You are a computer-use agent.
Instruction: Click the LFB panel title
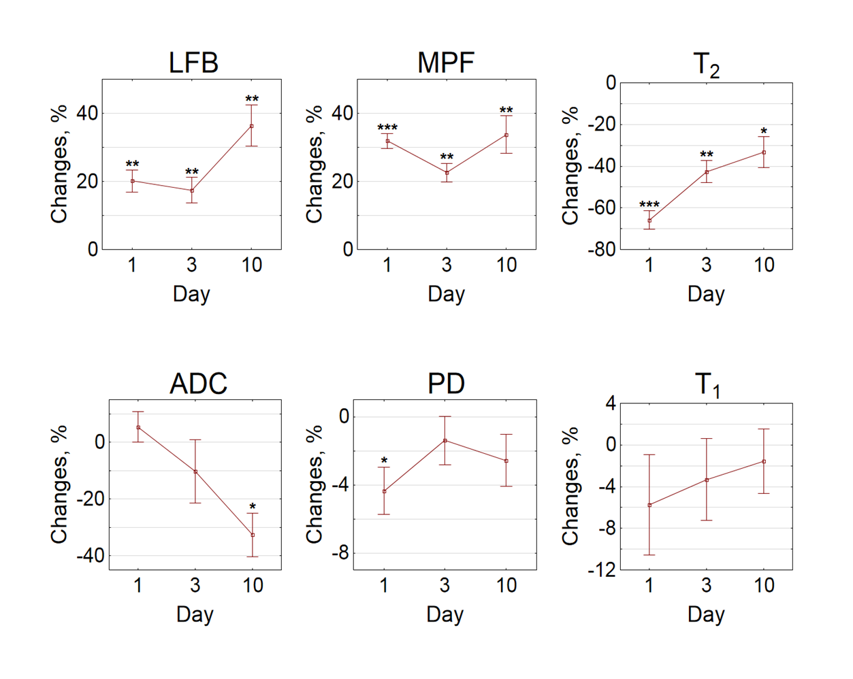click(x=193, y=63)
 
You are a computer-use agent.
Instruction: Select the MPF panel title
click(x=446, y=63)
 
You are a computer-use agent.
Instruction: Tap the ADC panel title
click(x=198, y=384)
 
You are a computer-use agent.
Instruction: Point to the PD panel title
click(x=446, y=384)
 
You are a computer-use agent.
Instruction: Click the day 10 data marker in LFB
click(x=252, y=126)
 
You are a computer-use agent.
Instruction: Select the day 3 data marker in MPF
click(x=447, y=173)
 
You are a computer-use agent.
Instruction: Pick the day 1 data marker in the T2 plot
click(x=649, y=220)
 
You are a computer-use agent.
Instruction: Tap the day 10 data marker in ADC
click(x=253, y=535)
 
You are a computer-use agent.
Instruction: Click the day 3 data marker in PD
click(x=445, y=440)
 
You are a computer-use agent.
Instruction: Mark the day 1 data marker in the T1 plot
click(x=649, y=505)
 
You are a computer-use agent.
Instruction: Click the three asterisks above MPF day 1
click(x=387, y=128)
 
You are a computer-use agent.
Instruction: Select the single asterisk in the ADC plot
click(x=253, y=507)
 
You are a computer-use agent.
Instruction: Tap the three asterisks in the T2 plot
click(x=649, y=205)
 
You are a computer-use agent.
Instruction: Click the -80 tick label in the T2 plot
click(x=602, y=250)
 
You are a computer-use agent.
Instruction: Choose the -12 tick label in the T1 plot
click(x=602, y=570)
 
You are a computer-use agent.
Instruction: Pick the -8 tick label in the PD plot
click(x=340, y=554)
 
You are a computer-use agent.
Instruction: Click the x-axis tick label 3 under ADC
click(x=195, y=585)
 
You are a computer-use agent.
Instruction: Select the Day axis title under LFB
click(x=191, y=294)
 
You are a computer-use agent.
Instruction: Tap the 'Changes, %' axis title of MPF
click(x=314, y=165)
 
